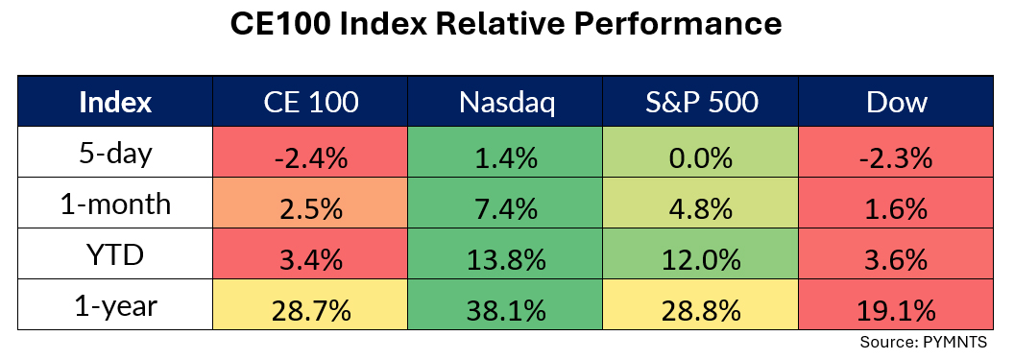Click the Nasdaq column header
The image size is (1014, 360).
506,102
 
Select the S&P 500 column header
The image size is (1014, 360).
702,102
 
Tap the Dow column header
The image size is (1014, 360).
897,102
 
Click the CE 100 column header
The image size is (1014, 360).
311,102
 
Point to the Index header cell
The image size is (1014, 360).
115,102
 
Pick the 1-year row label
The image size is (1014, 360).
116,304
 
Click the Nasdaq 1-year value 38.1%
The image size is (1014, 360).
506,304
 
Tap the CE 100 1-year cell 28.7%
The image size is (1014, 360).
310,304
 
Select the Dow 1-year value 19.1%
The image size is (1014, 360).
896,304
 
